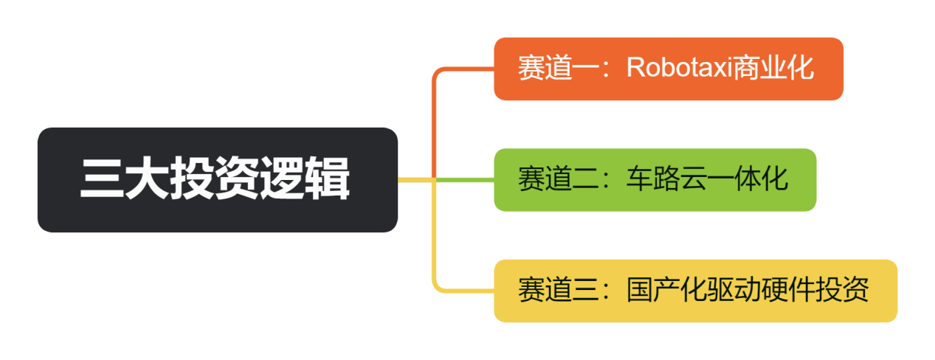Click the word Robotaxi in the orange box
pos(678,68)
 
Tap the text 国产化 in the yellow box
pos(653,290)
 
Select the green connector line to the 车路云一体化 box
pos(465,179)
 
